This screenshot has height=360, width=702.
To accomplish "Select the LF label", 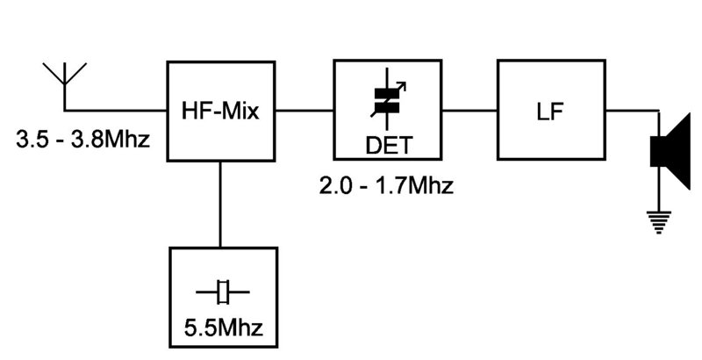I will pos(551,112).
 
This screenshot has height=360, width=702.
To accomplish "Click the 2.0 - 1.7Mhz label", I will pos(387,187).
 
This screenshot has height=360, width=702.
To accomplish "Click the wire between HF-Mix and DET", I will pos(304,111).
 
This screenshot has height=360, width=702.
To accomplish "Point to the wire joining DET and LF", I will pos(469,111).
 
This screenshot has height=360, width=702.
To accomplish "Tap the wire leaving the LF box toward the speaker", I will pos(632,111).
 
